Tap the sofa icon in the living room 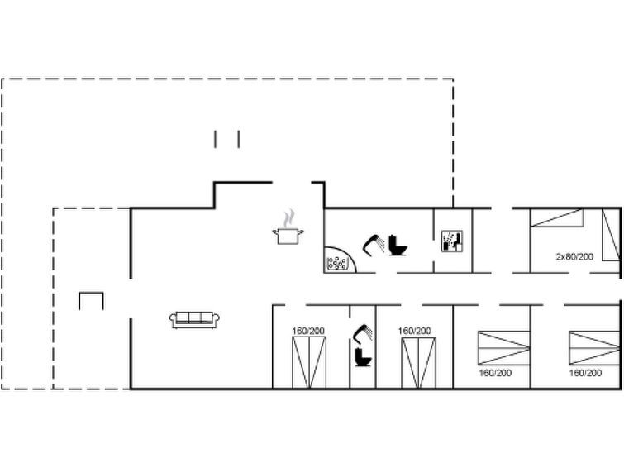pos(194,320)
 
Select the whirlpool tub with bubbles pos(337,262)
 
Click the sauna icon pos(452,241)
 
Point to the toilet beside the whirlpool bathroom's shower pos(398,246)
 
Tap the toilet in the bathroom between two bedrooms pos(363,357)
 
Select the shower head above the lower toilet pos(363,334)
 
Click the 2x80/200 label pos(574,257)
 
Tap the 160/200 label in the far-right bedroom pos(585,373)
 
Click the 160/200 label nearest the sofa pos(308,331)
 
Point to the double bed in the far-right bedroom pos(594,348)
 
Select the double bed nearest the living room pos(309,362)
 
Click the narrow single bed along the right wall pos(611,235)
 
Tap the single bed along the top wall pos(557,217)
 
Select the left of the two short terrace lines pos(215,139)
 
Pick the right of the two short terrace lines pos(239,139)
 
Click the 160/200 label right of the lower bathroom pos(414,331)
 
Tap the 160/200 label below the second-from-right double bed pos(495,373)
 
